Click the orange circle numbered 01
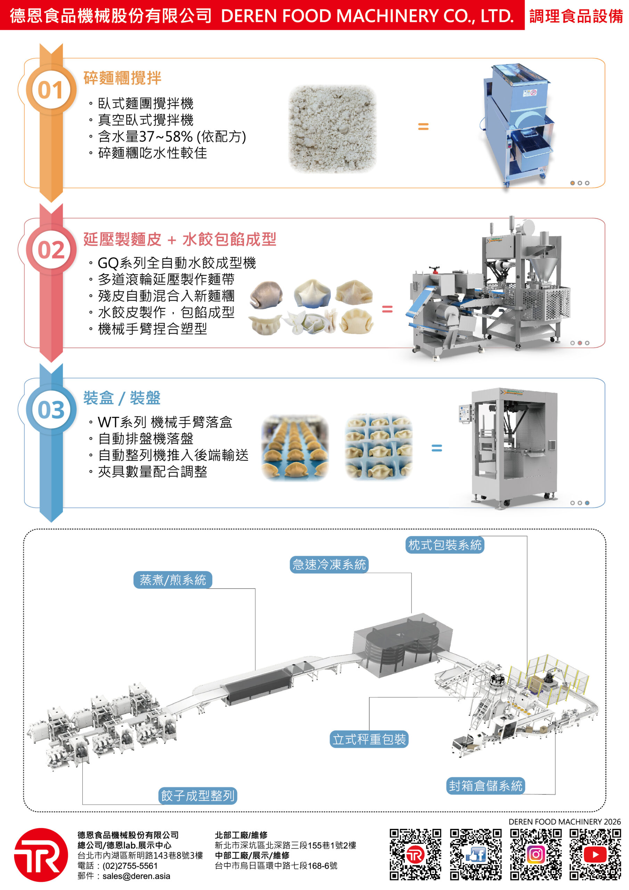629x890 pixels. pos(51,90)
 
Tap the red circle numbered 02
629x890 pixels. pos(51,250)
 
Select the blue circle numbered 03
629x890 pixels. pos(51,410)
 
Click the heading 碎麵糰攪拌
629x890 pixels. pos(122,78)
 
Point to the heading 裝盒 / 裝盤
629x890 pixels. pos(122,398)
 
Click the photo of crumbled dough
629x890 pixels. pos(332,129)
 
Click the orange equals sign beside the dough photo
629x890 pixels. pos(423,126)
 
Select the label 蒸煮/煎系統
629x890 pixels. pos(172,580)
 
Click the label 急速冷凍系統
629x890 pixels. pos(329,564)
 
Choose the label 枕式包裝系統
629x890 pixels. pos(444,545)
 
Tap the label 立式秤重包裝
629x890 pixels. pos(369,739)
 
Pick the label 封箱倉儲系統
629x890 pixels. pos(485,786)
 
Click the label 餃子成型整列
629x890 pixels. pos(198,796)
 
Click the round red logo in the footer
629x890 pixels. pos(41,855)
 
